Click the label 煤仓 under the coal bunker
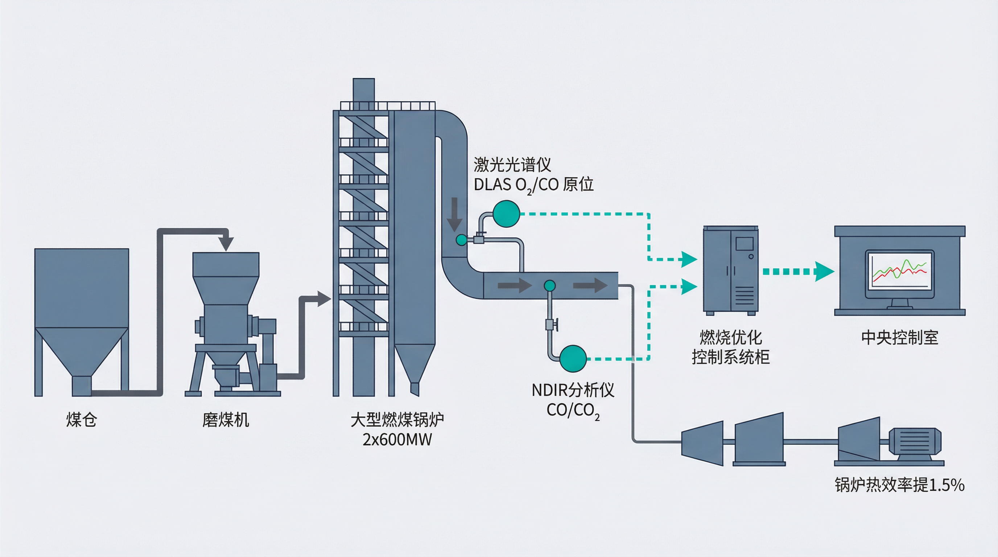tap(81, 420)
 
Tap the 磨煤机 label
tap(226, 420)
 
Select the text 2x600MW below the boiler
tap(397, 440)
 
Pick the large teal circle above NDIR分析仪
tap(573, 359)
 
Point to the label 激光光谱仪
tap(512, 165)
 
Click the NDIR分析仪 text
tap(573, 390)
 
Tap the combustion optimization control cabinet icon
tap(731, 271)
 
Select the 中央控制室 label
tap(900, 338)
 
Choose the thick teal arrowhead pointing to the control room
tap(824, 271)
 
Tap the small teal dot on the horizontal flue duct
tap(549, 286)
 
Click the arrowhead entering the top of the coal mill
tap(226, 244)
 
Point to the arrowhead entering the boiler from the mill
tap(323, 299)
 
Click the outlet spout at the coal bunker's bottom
tap(82, 386)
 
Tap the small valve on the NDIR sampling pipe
tap(550, 324)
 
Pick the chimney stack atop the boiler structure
tap(363, 91)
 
